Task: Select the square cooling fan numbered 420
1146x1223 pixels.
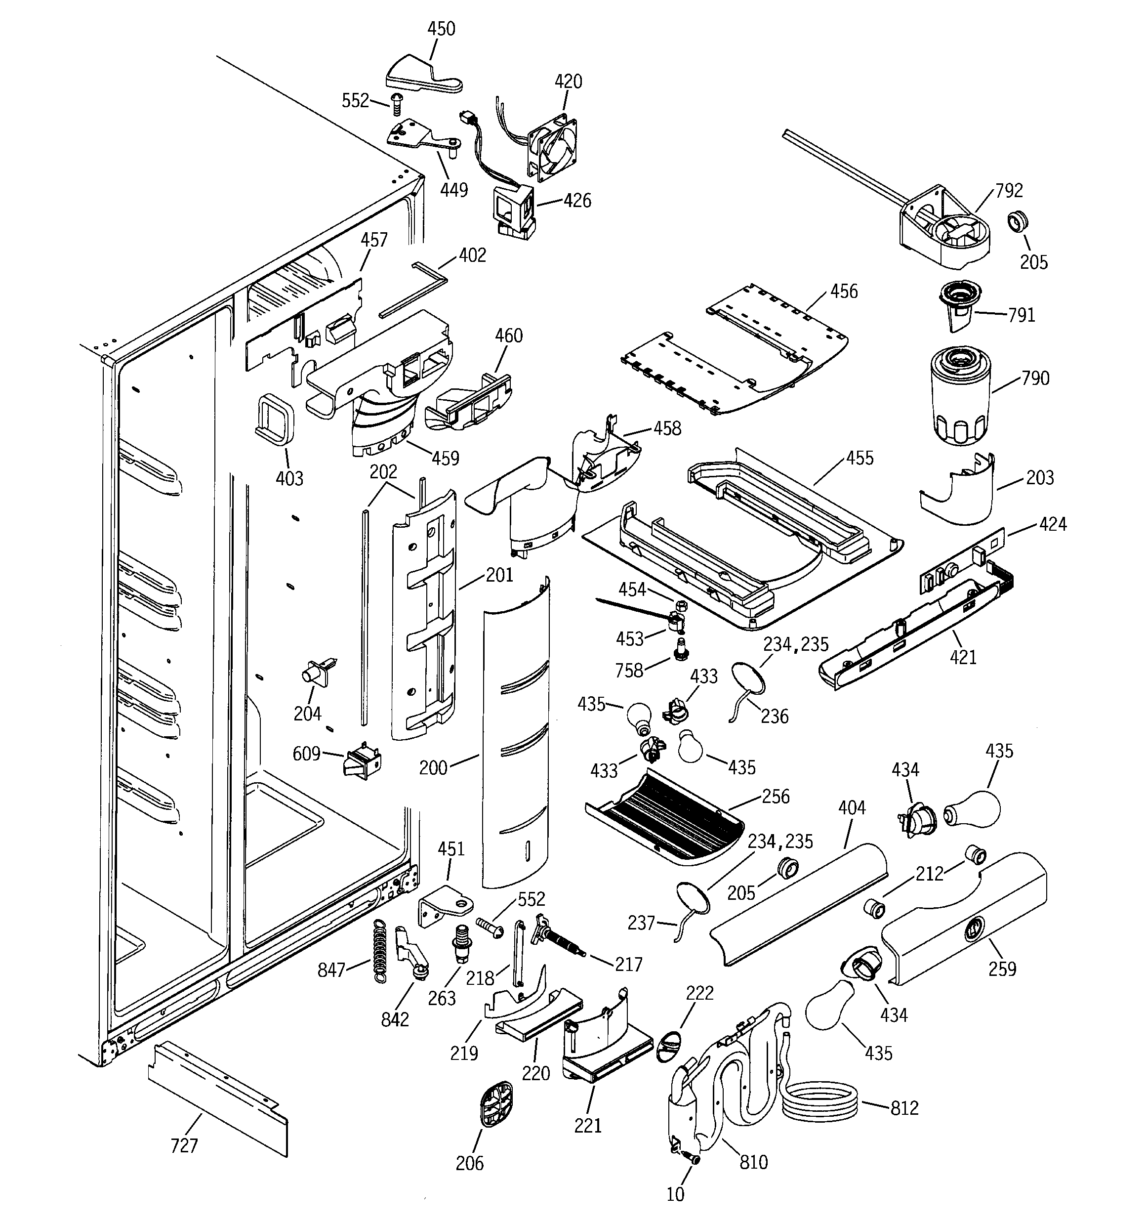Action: [x=552, y=147]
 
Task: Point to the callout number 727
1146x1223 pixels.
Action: [x=184, y=1145]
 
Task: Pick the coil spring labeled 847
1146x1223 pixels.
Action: [x=381, y=951]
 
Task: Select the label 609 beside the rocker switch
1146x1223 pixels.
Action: [x=306, y=753]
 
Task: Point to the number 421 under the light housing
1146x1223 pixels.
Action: [x=963, y=657]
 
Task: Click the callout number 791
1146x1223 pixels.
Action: [x=1021, y=315]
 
